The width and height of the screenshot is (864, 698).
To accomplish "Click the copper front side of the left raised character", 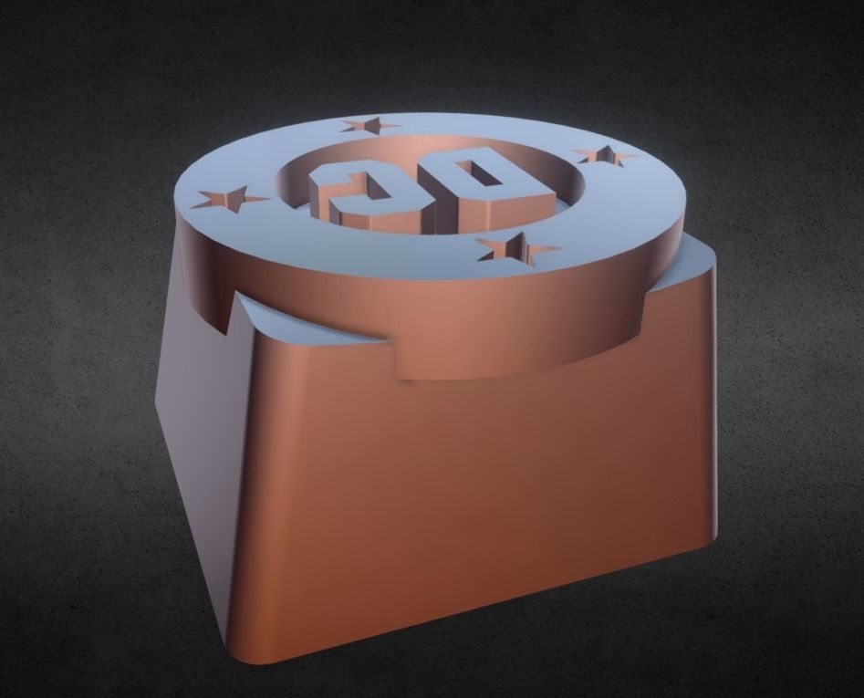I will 365,219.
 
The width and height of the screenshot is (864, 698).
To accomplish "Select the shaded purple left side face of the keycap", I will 196,429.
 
